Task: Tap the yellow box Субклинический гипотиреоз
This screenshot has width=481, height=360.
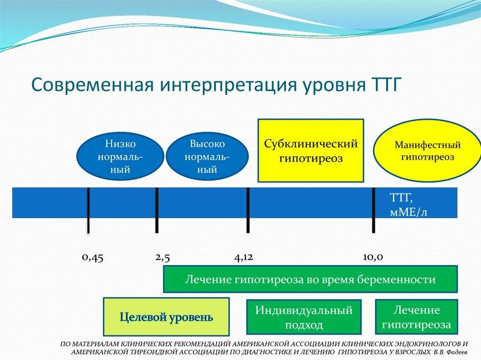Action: (x=310, y=151)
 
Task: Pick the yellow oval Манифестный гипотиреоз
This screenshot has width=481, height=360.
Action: (x=427, y=151)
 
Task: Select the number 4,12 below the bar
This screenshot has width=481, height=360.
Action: (x=243, y=257)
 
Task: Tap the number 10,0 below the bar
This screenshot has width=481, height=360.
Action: (x=373, y=257)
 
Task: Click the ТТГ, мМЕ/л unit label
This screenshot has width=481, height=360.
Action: (x=408, y=204)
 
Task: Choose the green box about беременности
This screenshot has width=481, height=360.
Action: (x=310, y=279)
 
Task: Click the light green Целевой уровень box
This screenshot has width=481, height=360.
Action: (x=166, y=317)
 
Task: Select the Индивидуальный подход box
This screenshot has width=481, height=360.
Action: (x=303, y=318)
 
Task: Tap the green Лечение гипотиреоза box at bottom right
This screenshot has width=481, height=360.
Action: (x=416, y=317)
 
